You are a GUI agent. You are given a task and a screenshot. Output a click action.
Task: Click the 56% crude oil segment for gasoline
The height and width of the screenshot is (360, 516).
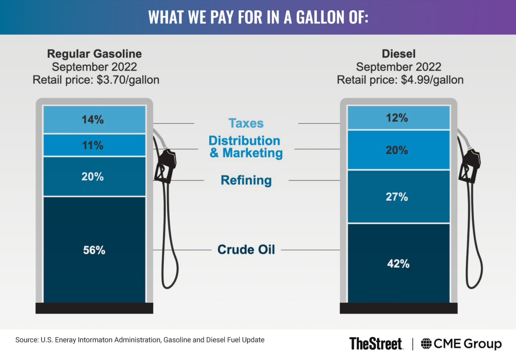(94, 250)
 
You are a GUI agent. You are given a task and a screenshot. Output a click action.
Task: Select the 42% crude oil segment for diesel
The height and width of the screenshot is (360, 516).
(399, 263)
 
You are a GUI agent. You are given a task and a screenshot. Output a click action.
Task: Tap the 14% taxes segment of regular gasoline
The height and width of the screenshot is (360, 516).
(94, 119)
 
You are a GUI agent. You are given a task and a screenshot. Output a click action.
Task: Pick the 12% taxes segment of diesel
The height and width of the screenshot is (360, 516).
(399, 117)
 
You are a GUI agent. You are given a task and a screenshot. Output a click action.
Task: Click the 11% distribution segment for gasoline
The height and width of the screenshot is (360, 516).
(94, 145)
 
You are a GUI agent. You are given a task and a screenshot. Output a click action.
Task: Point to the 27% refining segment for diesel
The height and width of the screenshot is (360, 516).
(399, 197)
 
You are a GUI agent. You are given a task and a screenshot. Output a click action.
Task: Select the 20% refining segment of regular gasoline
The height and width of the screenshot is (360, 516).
(94, 177)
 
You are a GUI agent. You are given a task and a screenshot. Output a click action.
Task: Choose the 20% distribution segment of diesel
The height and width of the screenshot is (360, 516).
(399, 150)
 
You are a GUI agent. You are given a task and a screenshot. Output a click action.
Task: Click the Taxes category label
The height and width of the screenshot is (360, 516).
(246, 123)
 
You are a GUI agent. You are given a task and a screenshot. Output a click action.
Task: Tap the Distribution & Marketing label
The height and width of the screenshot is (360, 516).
(246, 146)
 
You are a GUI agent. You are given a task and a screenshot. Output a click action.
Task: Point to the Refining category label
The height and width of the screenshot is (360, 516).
(246, 180)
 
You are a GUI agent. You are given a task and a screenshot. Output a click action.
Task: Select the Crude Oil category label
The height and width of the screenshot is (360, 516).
(246, 249)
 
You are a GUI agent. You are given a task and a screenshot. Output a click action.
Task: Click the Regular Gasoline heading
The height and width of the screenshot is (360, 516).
(94, 54)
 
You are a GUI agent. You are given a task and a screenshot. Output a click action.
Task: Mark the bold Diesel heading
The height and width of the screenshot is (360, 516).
(399, 54)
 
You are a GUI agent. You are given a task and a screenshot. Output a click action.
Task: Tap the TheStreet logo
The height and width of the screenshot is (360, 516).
(376, 344)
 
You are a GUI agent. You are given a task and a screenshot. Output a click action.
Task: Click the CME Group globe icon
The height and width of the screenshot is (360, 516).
(426, 344)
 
